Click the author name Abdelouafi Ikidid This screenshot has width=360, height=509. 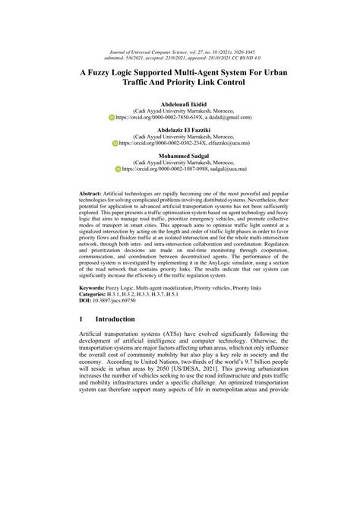coord(180,102)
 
